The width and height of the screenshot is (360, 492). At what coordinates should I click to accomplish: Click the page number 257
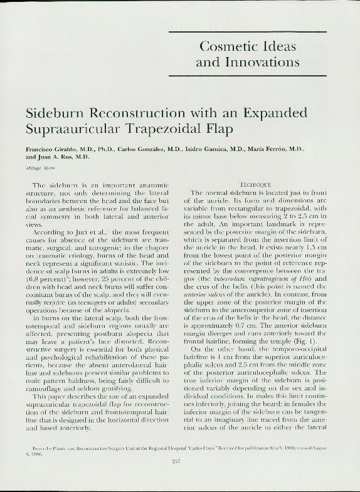point(176,461)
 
